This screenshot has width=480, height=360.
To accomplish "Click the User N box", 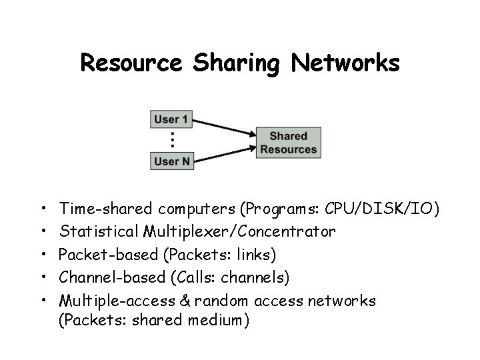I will pyautogui.click(x=172, y=161).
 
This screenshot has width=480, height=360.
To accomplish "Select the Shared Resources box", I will pyautogui.click(x=289, y=143).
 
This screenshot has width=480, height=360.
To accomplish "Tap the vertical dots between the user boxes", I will pyautogui.click(x=173, y=140).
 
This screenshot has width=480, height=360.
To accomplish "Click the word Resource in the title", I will pyautogui.click(x=131, y=63).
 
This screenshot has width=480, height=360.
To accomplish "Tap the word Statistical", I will pyautogui.click(x=98, y=232).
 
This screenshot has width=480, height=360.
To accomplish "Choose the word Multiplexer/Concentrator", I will pyautogui.click(x=239, y=232).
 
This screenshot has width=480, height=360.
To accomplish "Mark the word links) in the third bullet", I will pyautogui.click(x=257, y=255).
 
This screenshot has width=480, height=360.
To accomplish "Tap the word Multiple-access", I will pyautogui.click(x=111, y=300).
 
